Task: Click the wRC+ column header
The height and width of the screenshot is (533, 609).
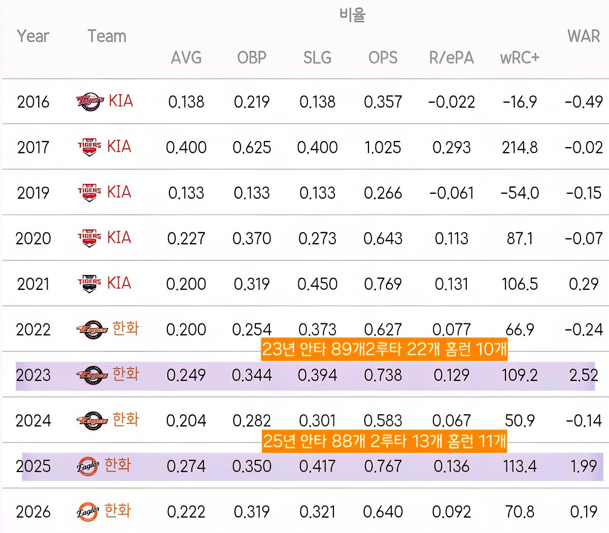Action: [x=520, y=57]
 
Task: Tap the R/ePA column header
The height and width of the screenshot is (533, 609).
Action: [x=451, y=58]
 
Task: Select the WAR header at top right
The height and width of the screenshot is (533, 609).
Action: [x=584, y=37]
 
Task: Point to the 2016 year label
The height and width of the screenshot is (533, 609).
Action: [x=33, y=102]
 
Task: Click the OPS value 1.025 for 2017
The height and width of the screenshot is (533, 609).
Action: [x=383, y=147]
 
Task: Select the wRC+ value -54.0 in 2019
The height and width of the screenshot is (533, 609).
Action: [x=520, y=193]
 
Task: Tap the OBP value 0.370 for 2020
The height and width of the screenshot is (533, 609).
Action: [x=252, y=239]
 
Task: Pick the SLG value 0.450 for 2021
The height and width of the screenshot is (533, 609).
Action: [x=317, y=284]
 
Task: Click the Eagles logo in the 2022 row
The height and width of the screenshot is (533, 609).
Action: [x=92, y=329]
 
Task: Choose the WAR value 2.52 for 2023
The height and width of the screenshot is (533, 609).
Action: [x=584, y=375]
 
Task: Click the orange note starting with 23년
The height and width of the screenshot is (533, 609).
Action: [x=384, y=349]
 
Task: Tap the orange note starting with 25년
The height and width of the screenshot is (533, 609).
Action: [x=385, y=441]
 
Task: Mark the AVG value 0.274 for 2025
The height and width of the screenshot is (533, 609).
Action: [x=186, y=466]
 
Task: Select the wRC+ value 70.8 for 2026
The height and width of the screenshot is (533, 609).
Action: [x=520, y=512]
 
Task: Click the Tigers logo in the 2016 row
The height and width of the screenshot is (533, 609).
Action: [x=90, y=102]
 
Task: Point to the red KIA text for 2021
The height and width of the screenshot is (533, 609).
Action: [x=119, y=283]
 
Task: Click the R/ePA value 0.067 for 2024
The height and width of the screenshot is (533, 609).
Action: [x=451, y=421]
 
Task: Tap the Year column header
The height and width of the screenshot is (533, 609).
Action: [x=33, y=37]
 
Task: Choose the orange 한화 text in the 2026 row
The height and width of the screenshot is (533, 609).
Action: [x=118, y=510]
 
